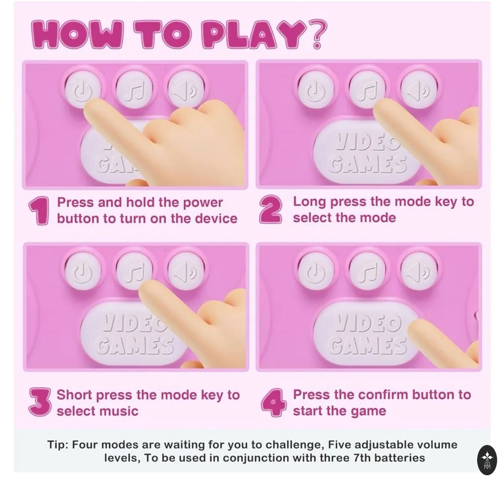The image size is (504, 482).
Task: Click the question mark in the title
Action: [x=316, y=34]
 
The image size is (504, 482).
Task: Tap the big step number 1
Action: [x=39, y=211]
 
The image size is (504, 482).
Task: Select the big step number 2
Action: [x=270, y=209]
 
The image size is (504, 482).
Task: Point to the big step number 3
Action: [x=40, y=402]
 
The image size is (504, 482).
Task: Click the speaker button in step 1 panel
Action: [x=186, y=89]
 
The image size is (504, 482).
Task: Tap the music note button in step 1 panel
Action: [x=134, y=89]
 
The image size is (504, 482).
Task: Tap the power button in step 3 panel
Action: [x=83, y=271]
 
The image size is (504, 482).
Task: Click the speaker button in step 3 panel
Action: [x=186, y=271]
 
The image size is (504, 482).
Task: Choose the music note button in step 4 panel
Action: [x=367, y=271]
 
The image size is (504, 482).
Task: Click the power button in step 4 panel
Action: [x=316, y=271]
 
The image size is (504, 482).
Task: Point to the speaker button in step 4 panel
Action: [x=419, y=271]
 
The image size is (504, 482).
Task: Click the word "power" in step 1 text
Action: [x=203, y=203]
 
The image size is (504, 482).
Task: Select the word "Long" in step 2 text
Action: [x=310, y=202]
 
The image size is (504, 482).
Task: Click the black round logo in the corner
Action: [x=487, y=460]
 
